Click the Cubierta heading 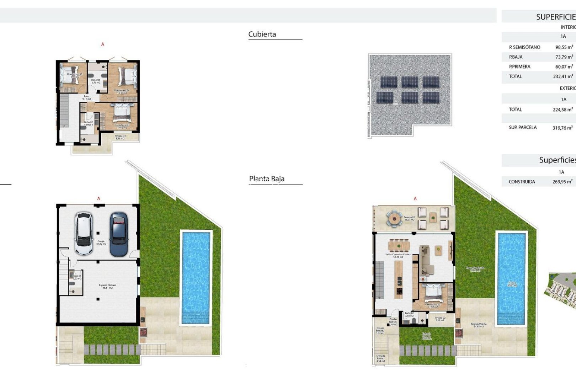point(262,34)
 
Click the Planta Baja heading point(267,179)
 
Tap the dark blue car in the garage point(118,234)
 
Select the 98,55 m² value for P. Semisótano point(564,47)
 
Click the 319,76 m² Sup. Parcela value point(562,128)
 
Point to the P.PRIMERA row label point(519,66)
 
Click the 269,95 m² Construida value point(562,182)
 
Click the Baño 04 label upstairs point(96,81)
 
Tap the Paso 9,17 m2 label point(87,97)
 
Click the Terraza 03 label point(120,137)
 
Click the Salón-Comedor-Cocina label point(398,256)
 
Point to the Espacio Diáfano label point(107,286)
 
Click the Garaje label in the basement point(101,242)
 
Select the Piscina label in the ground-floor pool point(512,284)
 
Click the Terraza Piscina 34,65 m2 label point(478,325)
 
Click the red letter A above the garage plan point(99,199)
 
